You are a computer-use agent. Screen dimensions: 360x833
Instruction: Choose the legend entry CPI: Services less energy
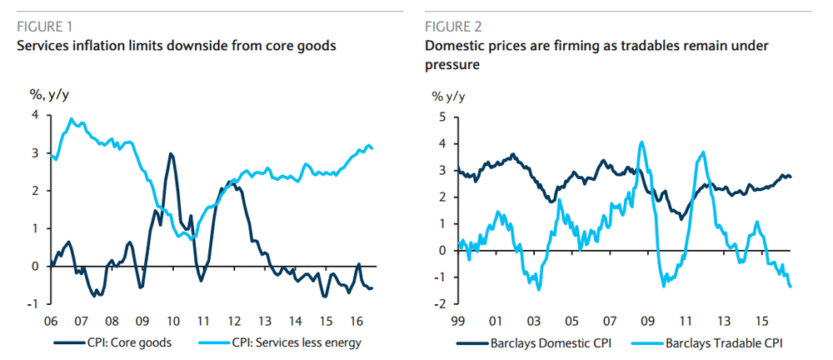(x=282, y=342)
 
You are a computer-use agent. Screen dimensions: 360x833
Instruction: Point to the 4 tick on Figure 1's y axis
(x=34, y=115)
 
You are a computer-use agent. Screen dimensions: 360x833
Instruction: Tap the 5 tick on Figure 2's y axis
(x=442, y=116)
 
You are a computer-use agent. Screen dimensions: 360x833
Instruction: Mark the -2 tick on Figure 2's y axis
(x=441, y=303)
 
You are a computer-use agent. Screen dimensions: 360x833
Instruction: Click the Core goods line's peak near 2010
(x=171, y=154)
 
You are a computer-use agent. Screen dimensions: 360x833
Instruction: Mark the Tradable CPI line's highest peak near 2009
(x=641, y=142)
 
